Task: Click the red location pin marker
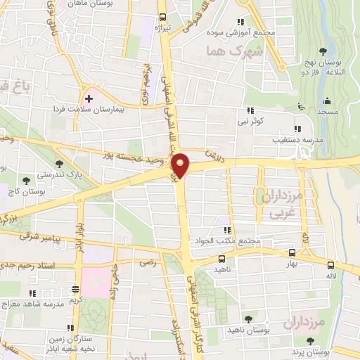pyautogui.click(x=181, y=165)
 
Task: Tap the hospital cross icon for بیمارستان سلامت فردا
pyautogui.click(x=89, y=98)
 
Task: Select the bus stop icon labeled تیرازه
pyautogui.click(x=163, y=17)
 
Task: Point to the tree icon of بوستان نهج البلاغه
pyautogui.click(x=322, y=51)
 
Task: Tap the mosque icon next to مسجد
pyautogui.click(x=302, y=107)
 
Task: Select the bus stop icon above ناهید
pyautogui.click(x=222, y=258)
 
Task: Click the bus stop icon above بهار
pyautogui.click(x=292, y=252)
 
